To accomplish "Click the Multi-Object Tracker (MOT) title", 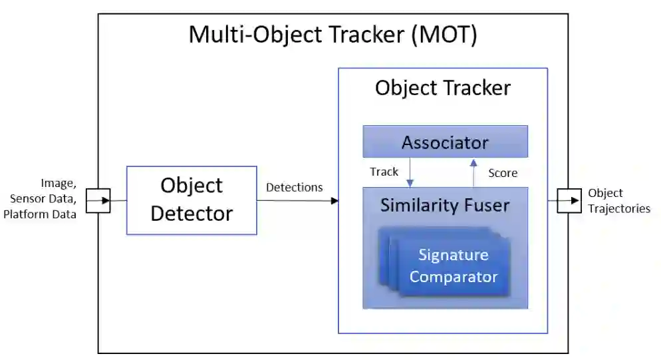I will pyautogui.click(x=332, y=35).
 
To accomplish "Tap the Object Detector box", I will pyautogui.click(x=192, y=200).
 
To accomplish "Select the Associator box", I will pyautogui.click(x=445, y=142).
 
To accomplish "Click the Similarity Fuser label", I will pyautogui.click(x=445, y=206).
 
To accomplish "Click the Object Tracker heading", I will pyautogui.click(x=443, y=88).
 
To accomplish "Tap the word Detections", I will pyautogui.click(x=294, y=187).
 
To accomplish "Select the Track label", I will pyautogui.click(x=384, y=172).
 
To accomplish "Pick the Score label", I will pyautogui.click(x=503, y=173).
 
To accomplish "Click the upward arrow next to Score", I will pyautogui.click(x=473, y=172).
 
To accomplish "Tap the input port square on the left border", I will pyautogui.click(x=98, y=200).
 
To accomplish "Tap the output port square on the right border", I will pyautogui.click(x=569, y=200).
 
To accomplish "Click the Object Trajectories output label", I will pyautogui.click(x=618, y=200).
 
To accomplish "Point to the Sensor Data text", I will pyautogui.click(x=43, y=198).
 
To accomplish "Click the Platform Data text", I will pyautogui.click(x=39, y=214).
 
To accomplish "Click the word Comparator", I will pyautogui.click(x=454, y=276).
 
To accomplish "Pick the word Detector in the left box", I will pyautogui.click(x=192, y=214).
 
